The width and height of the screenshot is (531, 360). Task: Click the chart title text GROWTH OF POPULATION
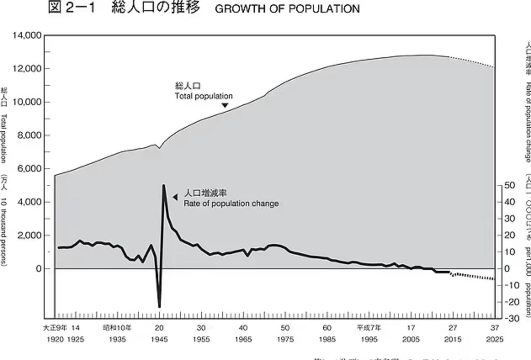(x=287, y=9)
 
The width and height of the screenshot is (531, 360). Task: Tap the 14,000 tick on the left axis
(x=27, y=36)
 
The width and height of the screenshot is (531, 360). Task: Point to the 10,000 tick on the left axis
(x=27, y=102)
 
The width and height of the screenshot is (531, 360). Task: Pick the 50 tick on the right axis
(x=510, y=185)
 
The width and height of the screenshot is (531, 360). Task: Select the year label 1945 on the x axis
(x=159, y=339)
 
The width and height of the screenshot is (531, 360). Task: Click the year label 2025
(x=495, y=339)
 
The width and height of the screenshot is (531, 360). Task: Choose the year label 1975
(x=285, y=339)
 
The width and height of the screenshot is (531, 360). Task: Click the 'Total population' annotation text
(x=204, y=96)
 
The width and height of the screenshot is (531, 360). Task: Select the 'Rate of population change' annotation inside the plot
(x=231, y=204)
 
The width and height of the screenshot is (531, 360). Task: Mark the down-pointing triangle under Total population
(x=225, y=106)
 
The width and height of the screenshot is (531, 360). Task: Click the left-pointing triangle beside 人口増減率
(x=175, y=196)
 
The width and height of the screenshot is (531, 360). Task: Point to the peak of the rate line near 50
(x=164, y=185)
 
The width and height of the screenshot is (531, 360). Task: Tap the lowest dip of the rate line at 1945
(x=159, y=307)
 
